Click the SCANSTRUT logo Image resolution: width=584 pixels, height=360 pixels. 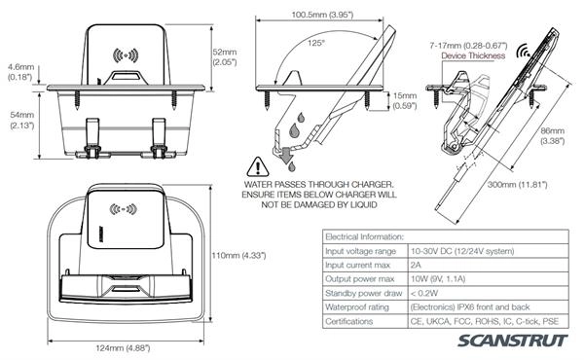[x=513, y=341]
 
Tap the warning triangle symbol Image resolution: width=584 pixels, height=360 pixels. [x=258, y=166]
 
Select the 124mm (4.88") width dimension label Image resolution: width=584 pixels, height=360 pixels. [x=123, y=348]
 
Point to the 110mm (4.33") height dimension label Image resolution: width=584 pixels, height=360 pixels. [x=238, y=255]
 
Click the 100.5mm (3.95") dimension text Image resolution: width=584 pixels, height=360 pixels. [x=322, y=15]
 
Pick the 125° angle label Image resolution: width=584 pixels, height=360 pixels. [x=316, y=43]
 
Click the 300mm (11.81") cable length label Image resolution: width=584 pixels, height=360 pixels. [x=518, y=184]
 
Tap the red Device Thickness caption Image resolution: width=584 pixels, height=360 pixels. [x=473, y=55]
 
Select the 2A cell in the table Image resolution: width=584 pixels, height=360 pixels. [x=416, y=265]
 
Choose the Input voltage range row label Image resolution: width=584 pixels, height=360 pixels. [x=360, y=251]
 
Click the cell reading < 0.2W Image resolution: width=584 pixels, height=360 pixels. [x=424, y=293]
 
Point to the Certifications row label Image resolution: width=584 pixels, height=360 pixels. [x=349, y=321]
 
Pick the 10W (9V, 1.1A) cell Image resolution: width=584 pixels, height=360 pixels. [x=438, y=279]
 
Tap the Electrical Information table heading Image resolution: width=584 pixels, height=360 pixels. [x=364, y=236]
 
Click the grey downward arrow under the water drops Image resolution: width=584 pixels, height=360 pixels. [x=287, y=155]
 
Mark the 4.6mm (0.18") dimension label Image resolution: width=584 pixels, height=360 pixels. [x=20, y=72]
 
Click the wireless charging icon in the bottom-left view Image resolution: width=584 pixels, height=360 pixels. [x=123, y=209]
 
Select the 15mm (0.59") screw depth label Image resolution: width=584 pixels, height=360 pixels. [x=405, y=101]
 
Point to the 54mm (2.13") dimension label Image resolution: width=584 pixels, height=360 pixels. [x=22, y=121]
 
